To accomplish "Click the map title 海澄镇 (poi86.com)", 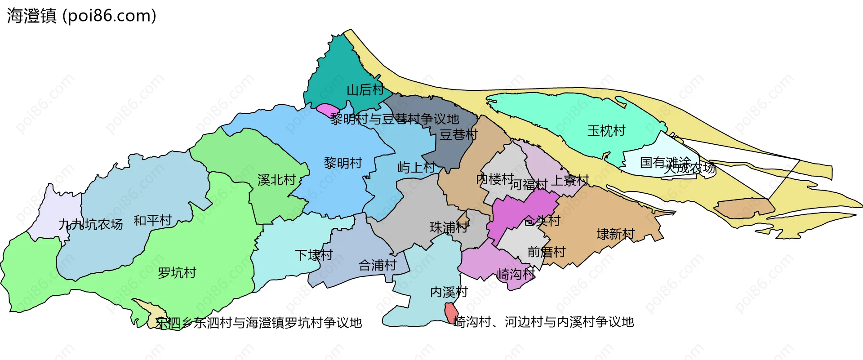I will [81, 16].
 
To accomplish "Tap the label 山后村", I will [365, 90].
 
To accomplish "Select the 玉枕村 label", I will [606, 131].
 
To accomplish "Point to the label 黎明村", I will [343, 163].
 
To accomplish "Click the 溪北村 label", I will [276, 180].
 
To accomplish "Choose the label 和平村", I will [153, 220].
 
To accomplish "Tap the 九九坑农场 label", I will [91, 224].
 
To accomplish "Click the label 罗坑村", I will [177, 273].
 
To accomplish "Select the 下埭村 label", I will [314, 255].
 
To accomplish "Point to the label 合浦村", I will [378, 265].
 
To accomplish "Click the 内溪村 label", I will [449, 292].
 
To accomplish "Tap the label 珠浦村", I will [449, 227].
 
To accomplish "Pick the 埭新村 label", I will [615, 234].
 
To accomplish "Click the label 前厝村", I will [546, 252].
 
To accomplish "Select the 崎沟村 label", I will [516, 274].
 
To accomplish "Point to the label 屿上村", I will [416, 168].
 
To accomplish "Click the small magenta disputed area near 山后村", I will [327, 110].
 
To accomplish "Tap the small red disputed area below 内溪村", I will [450, 313].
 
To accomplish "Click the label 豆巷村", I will [458, 134].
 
